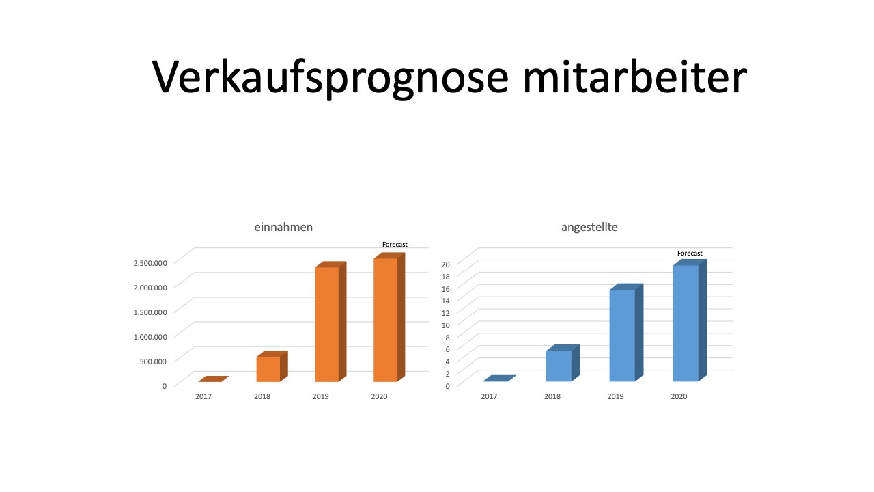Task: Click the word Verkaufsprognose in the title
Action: (x=330, y=78)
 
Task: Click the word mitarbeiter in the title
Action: (x=635, y=77)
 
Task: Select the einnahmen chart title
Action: (x=283, y=227)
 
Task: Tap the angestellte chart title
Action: (x=589, y=228)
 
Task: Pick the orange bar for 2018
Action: (x=272, y=366)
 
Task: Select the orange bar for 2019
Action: (x=330, y=321)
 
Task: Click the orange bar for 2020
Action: (x=389, y=317)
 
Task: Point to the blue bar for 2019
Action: (x=626, y=332)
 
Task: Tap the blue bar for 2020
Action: (x=690, y=320)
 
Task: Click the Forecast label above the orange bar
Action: (x=395, y=245)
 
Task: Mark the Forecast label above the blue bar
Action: (x=690, y=254)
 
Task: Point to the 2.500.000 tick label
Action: (x=150, y=263)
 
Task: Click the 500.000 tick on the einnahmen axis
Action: (x=153, y=361)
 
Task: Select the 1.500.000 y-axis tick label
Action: (x=150, y=312)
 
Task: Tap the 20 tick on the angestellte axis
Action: (x=446, y=264)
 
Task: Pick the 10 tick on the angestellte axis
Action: (x=446, y=325)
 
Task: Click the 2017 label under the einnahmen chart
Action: (x=203, y=396)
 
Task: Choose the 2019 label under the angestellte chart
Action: (x=615, y=396)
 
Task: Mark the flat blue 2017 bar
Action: (x=499, y=379)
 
